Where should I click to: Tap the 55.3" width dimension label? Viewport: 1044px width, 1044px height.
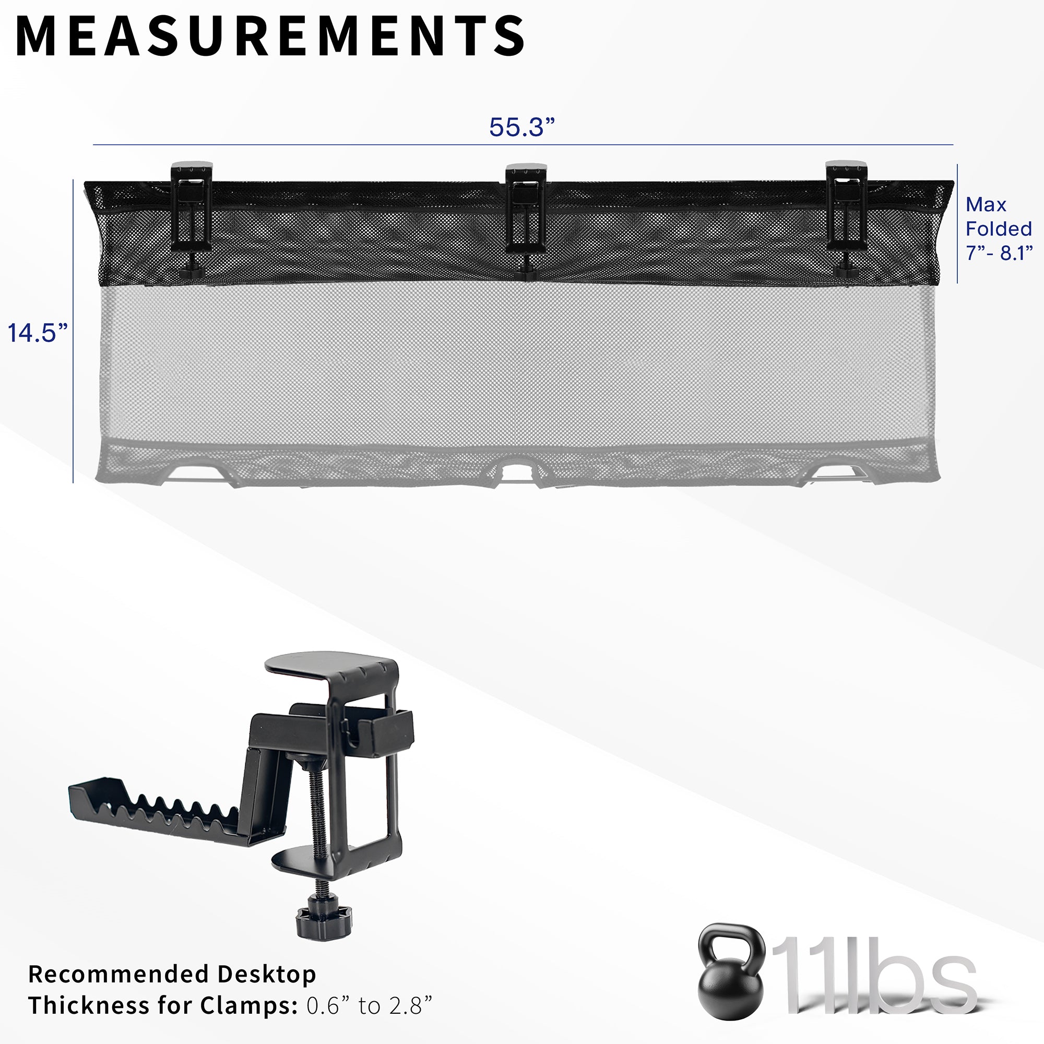[x=522, y=127]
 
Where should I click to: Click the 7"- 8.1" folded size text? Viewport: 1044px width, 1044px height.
[x=999, y=252]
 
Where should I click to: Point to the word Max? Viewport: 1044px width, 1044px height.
[x=986, y=205]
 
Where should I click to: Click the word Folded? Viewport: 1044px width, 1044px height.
[x=999, y=229]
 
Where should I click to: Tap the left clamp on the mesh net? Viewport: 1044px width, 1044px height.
[x=191, y=216]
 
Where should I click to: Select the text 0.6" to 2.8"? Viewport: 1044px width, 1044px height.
[x=370, y=1006]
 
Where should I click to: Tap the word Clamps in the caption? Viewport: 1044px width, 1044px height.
[x=246, y=1006]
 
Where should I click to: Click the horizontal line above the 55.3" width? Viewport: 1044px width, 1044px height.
[x=522, y=145]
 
